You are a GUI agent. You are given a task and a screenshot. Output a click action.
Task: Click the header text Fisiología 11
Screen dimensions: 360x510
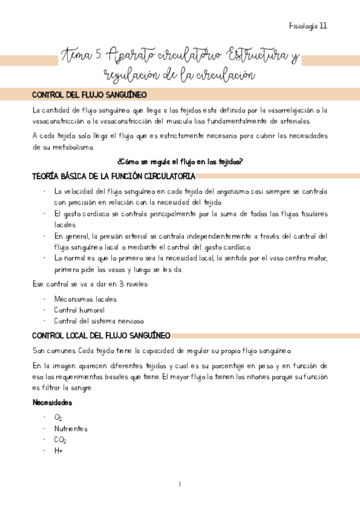pyautogui.click(x=308, y=26)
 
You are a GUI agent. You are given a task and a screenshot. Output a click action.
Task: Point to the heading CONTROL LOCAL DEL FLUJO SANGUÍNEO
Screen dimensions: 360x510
pyautogui.click(x=101, y=335)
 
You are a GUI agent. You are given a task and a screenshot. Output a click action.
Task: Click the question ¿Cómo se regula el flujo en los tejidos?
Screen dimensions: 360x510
pyautogui.click(x=180, y=162)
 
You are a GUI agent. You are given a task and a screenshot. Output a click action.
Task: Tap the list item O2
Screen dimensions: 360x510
pyautogui.click(x=58, y=417)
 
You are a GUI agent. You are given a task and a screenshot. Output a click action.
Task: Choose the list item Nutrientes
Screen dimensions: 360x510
pyautogui.click(x=71, y=428)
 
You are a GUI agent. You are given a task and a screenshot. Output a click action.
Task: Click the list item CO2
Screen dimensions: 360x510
pyautogui.click(x=60, y=440)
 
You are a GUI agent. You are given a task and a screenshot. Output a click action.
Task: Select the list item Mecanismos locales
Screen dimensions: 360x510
pyautogui.click(x=85, y=298)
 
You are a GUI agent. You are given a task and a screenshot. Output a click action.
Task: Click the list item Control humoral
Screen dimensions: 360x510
pyautogui.click(x=76, y=310)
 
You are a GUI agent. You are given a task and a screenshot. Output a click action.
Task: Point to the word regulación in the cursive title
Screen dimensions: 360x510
pyautogui.click(x=130, y=75)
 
